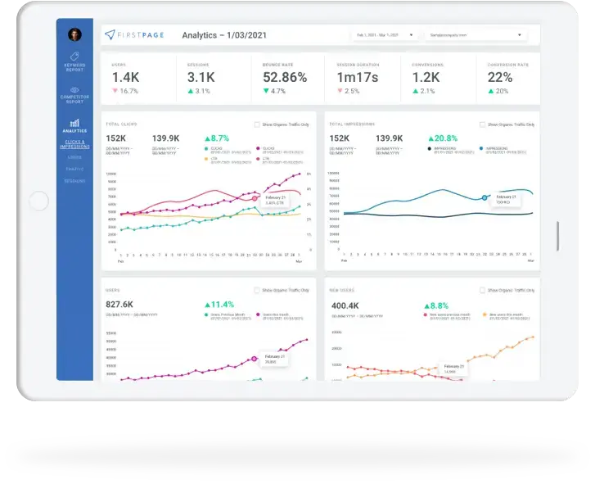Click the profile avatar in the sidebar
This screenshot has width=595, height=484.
point(74,34)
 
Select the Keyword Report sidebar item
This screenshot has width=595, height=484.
point(74,62)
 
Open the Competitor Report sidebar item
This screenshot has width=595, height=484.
point(74,95)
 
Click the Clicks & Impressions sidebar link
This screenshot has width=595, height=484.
point(74,144)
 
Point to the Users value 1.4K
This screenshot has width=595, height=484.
point(125,77)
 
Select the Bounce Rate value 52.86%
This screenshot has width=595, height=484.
point(285,77)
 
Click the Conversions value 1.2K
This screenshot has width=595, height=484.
point(426,77)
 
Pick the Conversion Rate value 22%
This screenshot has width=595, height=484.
point(500,77)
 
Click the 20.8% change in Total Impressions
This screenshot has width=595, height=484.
point(447,138)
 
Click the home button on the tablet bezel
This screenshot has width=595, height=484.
point(38,201)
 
